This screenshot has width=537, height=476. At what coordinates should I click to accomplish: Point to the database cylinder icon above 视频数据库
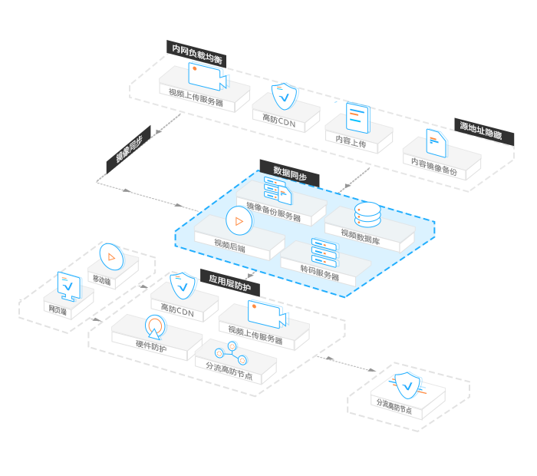tap(367, 214)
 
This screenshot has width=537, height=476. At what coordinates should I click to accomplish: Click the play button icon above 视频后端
tap(239, 221)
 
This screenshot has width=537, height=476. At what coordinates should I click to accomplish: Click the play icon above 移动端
tap(111, 256)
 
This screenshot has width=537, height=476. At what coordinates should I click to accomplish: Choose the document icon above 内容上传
tap(357, 117)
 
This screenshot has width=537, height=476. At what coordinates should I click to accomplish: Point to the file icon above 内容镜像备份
tap(437, 142)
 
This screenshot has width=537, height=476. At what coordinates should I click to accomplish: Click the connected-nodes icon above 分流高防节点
tap(230, 353)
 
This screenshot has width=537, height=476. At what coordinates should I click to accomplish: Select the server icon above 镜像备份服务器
tap(277, 189)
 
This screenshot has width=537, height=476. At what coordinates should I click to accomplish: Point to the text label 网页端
tap(59, 309)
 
